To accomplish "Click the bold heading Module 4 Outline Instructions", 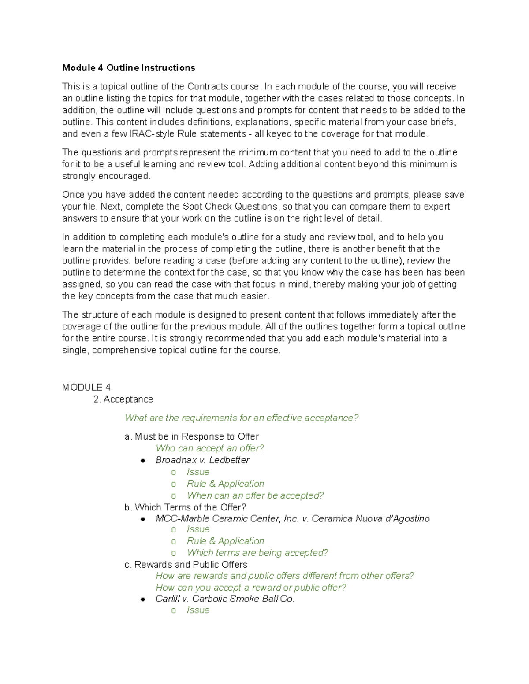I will point(128,68).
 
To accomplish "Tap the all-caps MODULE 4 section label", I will point(86,387).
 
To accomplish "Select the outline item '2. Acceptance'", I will point(123,399).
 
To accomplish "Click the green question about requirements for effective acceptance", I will point(242,418).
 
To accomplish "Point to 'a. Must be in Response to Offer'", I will point(192,436).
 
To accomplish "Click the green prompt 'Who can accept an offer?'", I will point(210,448).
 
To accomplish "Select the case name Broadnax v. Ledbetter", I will point(202,460).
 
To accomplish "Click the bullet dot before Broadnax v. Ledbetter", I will point(143,461).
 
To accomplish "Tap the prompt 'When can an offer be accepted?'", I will point(255,495).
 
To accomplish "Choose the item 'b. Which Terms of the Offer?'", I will point(186,507).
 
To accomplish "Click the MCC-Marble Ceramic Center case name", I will point(292,519).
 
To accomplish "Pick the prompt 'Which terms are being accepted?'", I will point(257,553).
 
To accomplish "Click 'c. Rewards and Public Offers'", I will point(186,565).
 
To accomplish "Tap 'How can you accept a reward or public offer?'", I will point(251,588).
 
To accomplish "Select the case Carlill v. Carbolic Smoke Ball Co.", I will point(225,599).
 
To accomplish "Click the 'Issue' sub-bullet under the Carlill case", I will point(198,610).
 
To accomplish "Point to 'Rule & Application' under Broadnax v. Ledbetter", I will point(225,484).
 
